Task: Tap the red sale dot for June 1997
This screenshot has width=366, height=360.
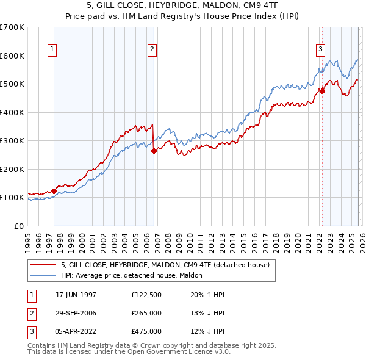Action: [x=54, y=191]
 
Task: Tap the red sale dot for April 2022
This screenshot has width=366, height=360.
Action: [x=322, y=92]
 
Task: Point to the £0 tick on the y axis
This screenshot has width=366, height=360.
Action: [x=20, y=226]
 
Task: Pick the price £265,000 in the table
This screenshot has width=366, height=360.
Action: [x=146, y=313]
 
